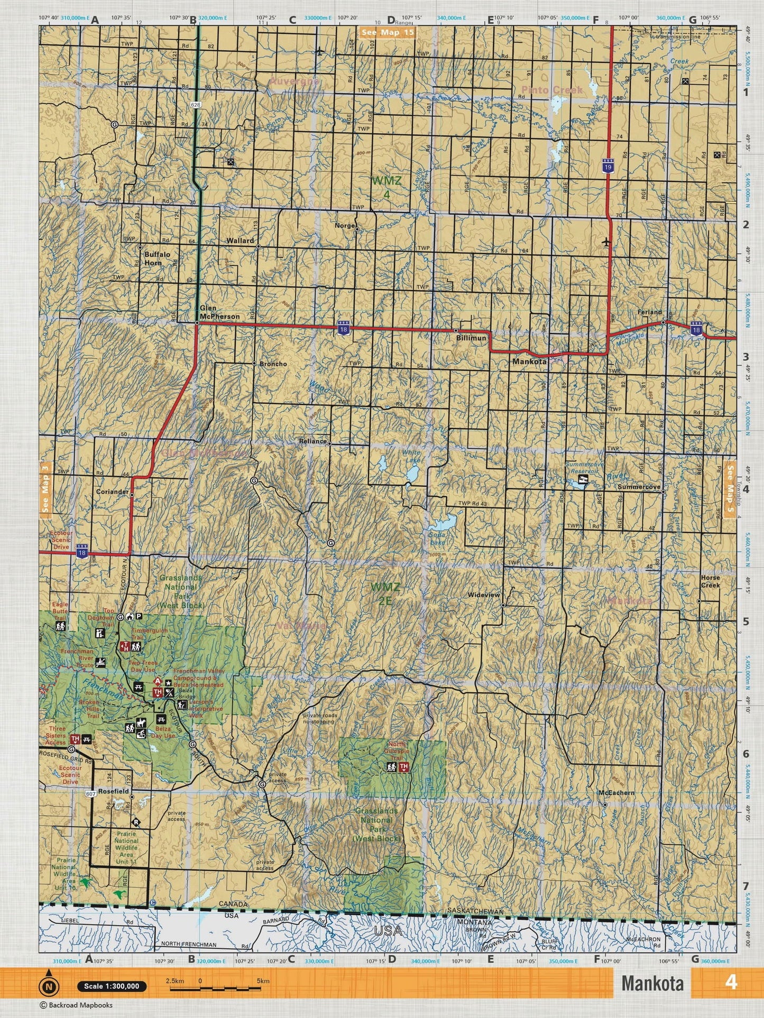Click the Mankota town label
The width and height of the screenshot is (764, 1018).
click(x=529, y=363)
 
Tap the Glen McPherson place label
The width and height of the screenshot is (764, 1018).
click(x=219, y=312)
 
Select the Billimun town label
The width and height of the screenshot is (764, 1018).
click(x=471, y=338)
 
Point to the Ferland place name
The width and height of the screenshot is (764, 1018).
click(x=649, y=312)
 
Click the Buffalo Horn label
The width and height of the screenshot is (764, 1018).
click(x=157, y=258)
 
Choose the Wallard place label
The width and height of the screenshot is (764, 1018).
click(x=240, y=240)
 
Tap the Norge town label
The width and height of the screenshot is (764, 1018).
click(x=345, y=226)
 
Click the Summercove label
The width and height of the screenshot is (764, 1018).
click(x=639, y=487)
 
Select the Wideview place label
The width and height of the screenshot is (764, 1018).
click(x=483, y=595)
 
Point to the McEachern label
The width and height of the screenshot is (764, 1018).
click(x=616, y=793)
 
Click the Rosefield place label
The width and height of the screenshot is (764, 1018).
click(x=113, y=791)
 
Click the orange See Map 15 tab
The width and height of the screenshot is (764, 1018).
click(x=388, y=32)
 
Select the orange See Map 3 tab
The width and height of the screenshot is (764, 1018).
click(x=45, y=487)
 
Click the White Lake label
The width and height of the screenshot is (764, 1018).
click(x=411, y=457)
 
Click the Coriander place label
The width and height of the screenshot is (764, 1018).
click(x=112, y=492)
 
